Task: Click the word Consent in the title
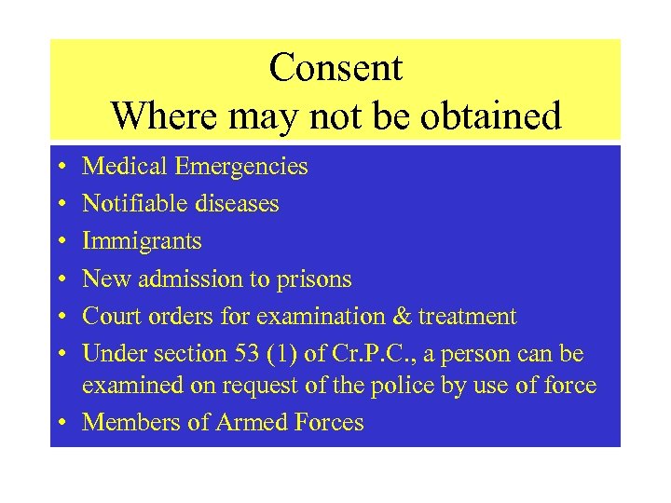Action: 335,68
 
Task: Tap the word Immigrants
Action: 142,241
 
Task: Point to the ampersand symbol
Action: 402,317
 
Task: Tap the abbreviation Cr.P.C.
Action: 366,354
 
